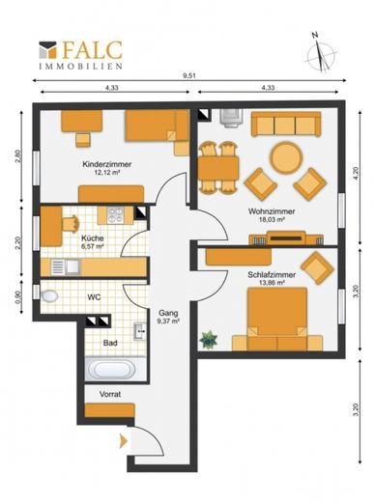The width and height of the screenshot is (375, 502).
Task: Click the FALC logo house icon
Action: point(47,50)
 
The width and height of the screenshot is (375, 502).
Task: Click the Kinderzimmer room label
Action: point(107,164)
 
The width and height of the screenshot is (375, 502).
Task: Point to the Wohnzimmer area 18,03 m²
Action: point(272,220)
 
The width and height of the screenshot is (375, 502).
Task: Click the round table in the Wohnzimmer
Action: point(286,157)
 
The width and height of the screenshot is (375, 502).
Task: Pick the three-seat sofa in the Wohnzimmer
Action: point(286,124)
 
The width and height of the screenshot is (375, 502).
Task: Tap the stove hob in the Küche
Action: point(116,215)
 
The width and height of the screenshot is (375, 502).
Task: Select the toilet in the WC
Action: point(49,295)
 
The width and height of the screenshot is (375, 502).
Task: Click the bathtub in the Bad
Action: point(112,370)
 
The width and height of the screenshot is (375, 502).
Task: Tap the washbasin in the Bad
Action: point(140,331)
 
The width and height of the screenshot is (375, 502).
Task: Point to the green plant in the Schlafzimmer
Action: point(209,340)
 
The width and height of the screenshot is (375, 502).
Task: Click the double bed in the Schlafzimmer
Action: point(277,319)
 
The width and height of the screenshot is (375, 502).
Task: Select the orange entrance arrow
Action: point(124,441)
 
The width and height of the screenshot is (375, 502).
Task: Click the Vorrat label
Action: point(110,394)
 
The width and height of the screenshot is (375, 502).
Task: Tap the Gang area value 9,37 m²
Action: point(168,321)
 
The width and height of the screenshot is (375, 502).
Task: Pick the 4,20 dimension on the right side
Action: point(356,174)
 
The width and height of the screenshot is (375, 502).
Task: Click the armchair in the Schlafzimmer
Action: point(317,268)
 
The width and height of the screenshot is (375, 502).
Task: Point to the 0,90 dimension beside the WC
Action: point(18,295)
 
